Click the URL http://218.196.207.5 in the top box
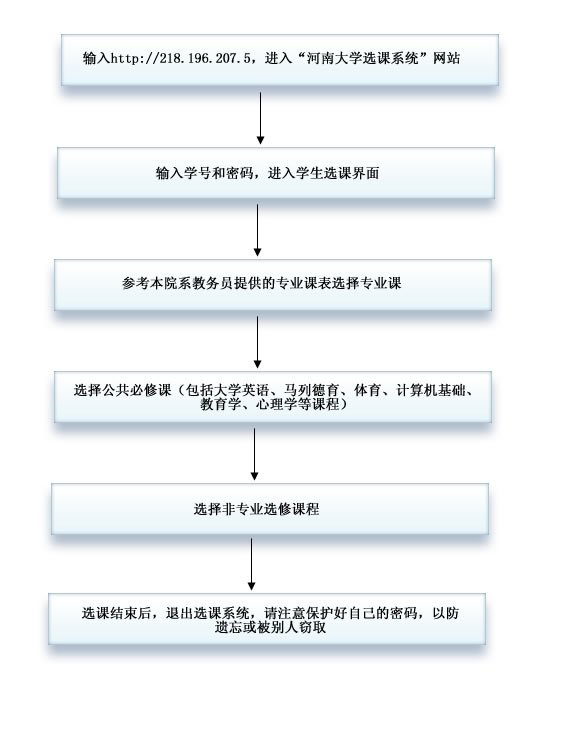(181, 59)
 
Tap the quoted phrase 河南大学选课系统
(363, 58)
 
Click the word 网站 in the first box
(447, 58)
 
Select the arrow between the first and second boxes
(260, 118)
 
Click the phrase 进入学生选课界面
(324, 173)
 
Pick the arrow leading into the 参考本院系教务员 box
(257, 230)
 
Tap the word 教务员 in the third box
(213, 283)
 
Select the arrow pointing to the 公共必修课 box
(257, 342)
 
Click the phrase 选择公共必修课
(122, 390)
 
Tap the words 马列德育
(312, 390)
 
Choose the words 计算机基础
(431, 390)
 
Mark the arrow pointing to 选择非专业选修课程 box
(254, 454)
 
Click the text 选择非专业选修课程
(256, 509)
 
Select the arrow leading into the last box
(252, 564)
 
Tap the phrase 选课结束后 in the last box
(117, 613)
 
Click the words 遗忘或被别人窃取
(270, 628)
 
